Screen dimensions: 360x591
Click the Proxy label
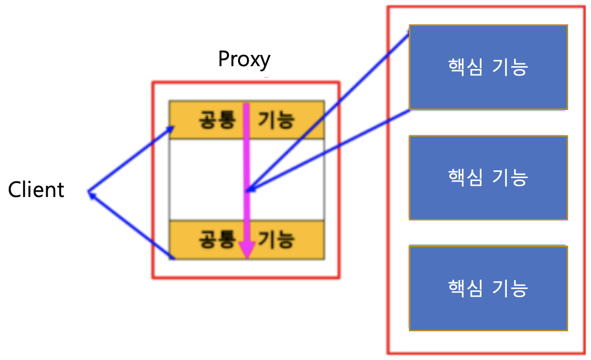click(244, 59)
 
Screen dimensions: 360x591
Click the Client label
click(36, 190)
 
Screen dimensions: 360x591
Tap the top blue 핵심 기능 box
click(488, 67)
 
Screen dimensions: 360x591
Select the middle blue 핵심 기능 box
click(488, 178)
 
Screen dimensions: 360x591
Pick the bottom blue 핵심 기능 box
click(488, 288)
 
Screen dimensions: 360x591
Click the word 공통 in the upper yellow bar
click(217, 120)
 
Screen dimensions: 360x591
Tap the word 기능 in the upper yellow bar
click(276, 120)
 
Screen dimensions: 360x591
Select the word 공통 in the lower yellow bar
click(217, 239)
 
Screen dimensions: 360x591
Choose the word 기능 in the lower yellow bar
click(276, 239)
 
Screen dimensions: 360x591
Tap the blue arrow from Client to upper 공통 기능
click(130, 159)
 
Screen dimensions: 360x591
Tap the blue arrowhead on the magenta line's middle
click(249, 189)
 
